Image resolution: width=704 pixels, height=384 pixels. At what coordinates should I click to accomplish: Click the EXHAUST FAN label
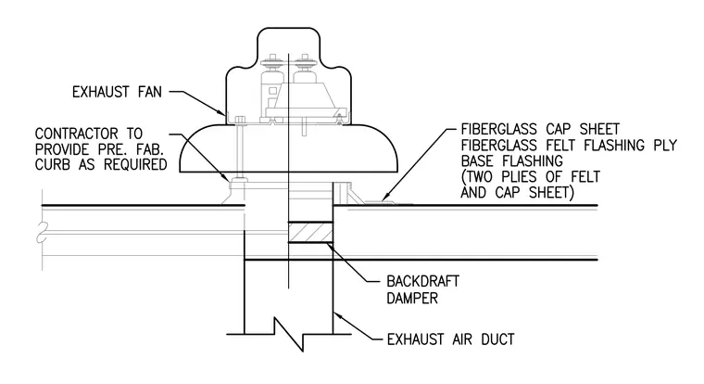117,92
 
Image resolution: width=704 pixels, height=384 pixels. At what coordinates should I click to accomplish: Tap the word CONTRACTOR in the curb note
76,134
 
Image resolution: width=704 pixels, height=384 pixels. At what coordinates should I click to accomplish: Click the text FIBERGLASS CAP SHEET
540,130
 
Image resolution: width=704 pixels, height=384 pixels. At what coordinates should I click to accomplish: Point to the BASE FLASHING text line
512,161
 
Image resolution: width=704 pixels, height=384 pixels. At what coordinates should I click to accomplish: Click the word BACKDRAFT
423,281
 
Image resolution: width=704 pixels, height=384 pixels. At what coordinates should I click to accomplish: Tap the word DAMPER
412,298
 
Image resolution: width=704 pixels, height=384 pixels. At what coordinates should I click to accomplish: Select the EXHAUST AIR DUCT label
451,339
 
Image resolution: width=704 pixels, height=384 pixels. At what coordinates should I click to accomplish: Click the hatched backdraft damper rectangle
310,233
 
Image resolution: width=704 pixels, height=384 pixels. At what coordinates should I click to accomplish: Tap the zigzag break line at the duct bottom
289,334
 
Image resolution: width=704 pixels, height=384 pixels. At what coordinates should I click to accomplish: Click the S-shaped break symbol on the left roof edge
42,232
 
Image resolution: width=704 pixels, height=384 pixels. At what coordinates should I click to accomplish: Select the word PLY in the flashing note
664,146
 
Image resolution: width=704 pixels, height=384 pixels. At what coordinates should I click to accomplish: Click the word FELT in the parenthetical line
585,177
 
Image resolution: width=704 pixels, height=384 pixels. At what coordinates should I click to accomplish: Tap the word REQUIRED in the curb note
135,164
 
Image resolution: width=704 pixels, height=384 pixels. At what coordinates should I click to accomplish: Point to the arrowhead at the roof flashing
385,196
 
